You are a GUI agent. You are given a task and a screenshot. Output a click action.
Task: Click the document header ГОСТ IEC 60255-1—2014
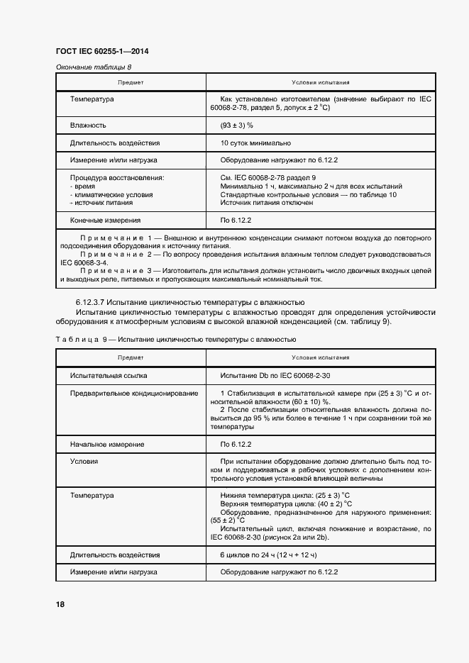[101, 51]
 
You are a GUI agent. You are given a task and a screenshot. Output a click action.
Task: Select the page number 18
[60, 604]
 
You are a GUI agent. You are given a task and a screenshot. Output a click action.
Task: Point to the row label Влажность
[88, 125]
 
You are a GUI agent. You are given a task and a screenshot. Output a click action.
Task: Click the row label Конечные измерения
[105, 221]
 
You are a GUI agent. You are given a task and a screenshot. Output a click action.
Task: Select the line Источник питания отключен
[267, 203]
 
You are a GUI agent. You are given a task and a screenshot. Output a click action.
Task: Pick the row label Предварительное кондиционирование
[134, 394]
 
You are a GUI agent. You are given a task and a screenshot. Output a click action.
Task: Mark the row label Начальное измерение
[107, 444]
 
